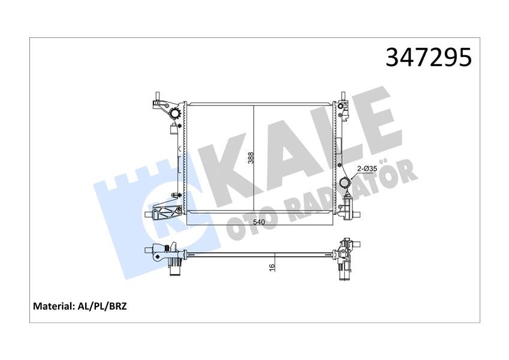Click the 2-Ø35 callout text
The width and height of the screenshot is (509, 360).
[367, 169]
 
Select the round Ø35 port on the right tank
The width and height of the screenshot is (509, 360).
[345, 184]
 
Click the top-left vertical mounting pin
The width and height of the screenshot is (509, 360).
[156, 98]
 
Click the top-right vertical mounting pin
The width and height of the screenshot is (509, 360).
[343, 98]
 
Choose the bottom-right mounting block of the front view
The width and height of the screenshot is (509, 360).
[349, 211]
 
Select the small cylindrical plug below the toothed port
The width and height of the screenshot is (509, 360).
[174, 133]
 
